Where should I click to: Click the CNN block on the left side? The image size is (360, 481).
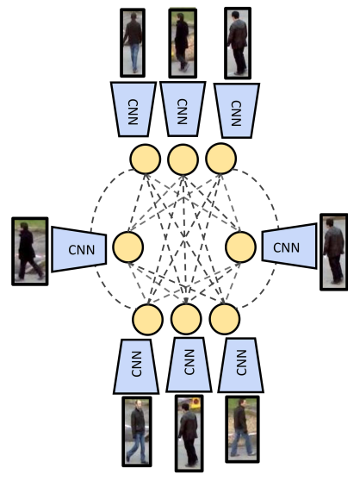(78, 249)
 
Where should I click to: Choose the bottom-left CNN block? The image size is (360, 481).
(138, 365)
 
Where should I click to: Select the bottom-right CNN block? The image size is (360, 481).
(240, 365)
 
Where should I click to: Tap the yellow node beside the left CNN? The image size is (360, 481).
(127, 247)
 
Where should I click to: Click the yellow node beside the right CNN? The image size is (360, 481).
(240, 247)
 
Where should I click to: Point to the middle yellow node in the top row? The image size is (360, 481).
(183, 159)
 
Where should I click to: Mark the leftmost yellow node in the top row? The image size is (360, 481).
(145, 159)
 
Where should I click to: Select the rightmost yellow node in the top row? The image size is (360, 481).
(220, 159)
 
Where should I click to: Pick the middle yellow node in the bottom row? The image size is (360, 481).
(186, 320)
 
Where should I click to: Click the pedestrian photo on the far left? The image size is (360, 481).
(29, 251)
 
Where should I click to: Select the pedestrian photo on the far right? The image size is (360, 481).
(333, 251)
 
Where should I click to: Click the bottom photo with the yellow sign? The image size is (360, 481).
(188, 433)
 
